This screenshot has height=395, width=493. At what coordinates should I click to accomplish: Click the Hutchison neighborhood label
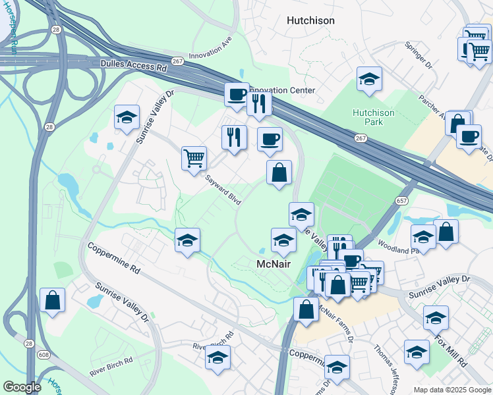[310, 20]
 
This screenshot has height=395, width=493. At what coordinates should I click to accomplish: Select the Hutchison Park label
[373, 117]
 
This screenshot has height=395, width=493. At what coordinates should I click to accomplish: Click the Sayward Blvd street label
[222, 191]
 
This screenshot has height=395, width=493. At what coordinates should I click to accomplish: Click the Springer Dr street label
[418, 57]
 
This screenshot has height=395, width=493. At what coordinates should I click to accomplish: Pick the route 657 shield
[401, 199]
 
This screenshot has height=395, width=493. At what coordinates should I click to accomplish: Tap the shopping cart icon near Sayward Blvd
[194, 158]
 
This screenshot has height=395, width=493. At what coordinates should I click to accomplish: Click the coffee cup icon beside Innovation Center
[237, 94]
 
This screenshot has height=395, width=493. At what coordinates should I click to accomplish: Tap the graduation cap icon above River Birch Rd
[217, 357]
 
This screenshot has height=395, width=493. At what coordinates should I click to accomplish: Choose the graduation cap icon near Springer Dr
[370, 79]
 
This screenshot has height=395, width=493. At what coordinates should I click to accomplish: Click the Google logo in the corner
[22, 387]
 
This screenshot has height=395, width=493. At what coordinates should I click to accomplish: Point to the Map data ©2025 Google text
[451, 390]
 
